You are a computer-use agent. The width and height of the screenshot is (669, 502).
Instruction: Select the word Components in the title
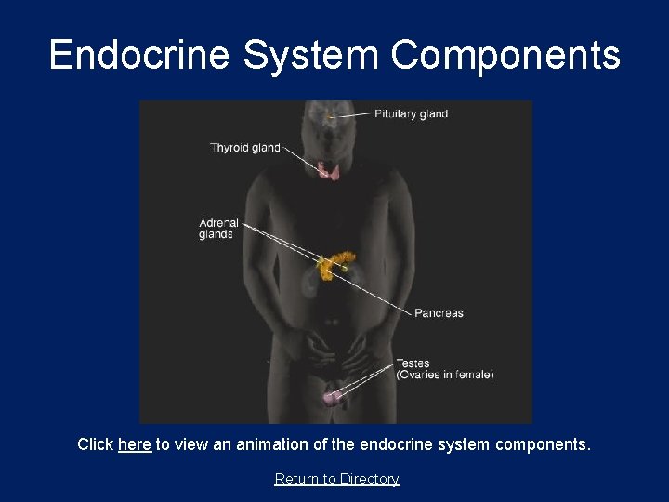point(505,55)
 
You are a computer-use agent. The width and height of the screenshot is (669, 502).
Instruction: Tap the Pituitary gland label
point(411,114)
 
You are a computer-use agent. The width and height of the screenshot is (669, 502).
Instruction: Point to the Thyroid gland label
point(245,148)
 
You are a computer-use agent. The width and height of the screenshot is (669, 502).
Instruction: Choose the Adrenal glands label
point(218,229)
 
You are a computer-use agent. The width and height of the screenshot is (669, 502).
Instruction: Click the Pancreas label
point(439,313)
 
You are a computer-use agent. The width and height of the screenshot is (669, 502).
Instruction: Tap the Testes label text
point(413,363)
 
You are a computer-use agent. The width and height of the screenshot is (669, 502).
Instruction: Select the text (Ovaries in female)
point(445,375)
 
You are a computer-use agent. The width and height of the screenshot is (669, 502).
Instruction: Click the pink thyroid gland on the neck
point(328,169)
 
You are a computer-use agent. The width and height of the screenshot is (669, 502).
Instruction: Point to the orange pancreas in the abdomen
point(334,263)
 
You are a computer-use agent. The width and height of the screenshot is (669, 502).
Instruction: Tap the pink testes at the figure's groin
point(333,397)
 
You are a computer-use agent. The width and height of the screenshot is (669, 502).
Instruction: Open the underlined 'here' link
point(135,444)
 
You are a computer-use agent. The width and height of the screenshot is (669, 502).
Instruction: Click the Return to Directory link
point(336,479)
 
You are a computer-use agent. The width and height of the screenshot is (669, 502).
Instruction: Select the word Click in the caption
point(96,444)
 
